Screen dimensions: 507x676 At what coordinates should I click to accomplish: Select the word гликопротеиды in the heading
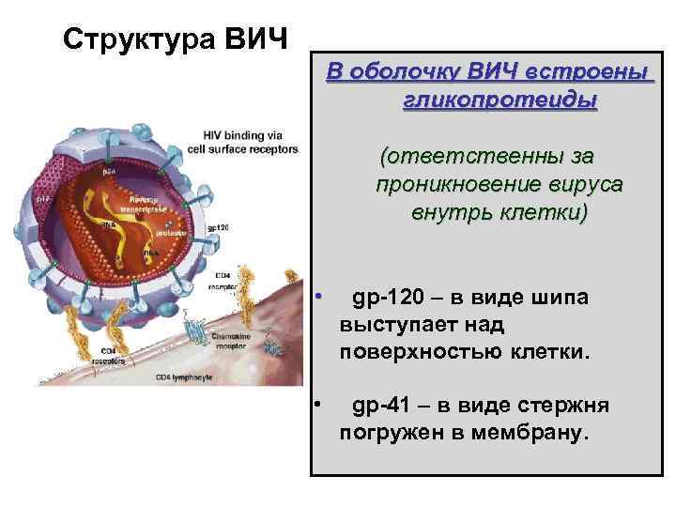pyautogui.click(x=500, y=99)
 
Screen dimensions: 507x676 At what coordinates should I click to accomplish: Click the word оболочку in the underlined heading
pyautogui.click(x=397, y=72)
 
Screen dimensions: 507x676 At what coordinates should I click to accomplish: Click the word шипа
pyautogui.click(x=558, y=299)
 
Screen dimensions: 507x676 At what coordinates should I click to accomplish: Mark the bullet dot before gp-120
pyautogui.click(x=319, y=297)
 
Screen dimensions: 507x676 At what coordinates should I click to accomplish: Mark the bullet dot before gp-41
pyautogui.click(x=319, y=404)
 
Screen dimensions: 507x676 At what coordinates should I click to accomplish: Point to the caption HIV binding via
pyautogui.click(x=243, y=135)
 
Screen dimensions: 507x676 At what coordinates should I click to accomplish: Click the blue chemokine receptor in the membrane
pyautogui.click(x=195, y=331)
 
